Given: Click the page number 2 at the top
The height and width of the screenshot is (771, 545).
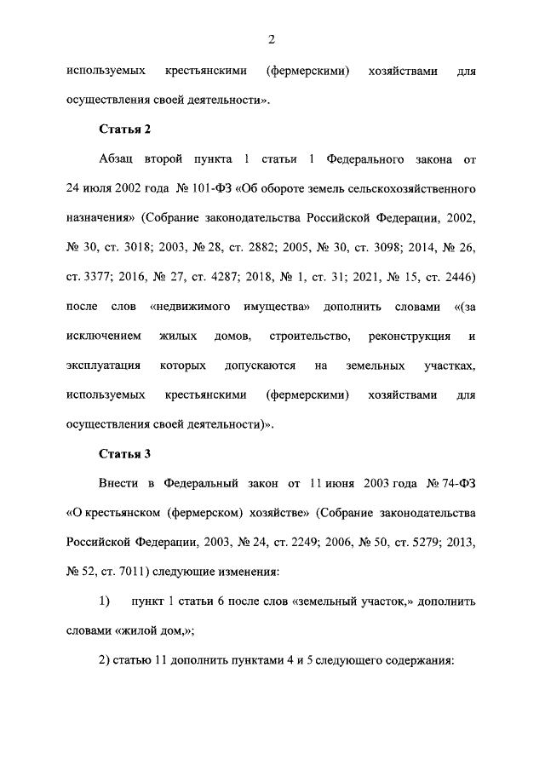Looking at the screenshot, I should (x=271, y=38).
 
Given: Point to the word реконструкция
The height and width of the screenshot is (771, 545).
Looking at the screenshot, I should (x=406, y=336).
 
